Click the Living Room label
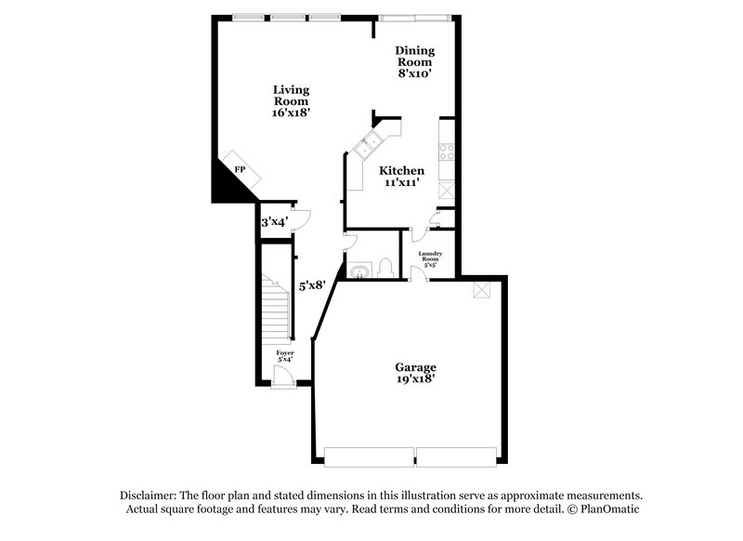pyautogui.click(x=291, y=100)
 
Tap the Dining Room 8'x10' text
pyautogui.click(x=414, y=61)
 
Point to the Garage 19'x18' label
pyautogui.click(x=414, y=373)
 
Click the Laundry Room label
pyautogui.click(x=429, y=259)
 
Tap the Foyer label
pyautogui.click(x=285, y=355)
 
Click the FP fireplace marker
pyautogui.click(x=240, y=170)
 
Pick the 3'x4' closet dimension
pyautogui.click(x=274, y=222)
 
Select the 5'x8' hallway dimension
pyautogui.click(x=310, y=286)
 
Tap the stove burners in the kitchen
pyautogui.click(x=447, y=152)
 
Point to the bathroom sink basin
pyautogui.click(x=359, y=272)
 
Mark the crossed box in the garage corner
pyautogui.click(x=481, y=290)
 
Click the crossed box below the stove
pyautogui.click(x=446, y=190)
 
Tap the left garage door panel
pyautogui.click(x=368, y=456)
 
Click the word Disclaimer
pyautogui.click(x=149, y=495)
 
